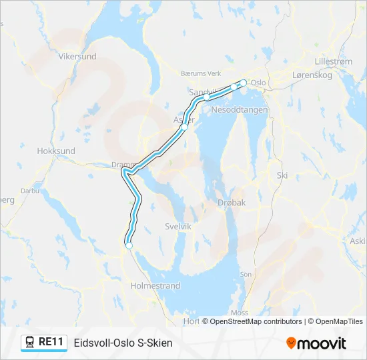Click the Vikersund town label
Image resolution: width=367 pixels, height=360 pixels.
(x=77, y=57)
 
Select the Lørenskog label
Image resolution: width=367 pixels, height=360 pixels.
(x=312, y=75)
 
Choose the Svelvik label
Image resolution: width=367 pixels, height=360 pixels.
(x=178, y=227)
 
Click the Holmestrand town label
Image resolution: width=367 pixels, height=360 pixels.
(x=155, y=285)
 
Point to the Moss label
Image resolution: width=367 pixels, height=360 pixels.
(x=239, y=312)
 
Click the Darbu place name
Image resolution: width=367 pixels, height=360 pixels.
(x=30, y=190)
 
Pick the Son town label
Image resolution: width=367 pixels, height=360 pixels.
(x=246, y=274)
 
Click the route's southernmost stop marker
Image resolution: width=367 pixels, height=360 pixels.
(x=129, y=246)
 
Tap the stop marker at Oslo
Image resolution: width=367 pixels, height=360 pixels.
(x=244, y=83)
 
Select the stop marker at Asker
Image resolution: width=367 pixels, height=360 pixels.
(x=184, y=125)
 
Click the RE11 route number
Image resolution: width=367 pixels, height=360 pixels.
(x=51, y=342)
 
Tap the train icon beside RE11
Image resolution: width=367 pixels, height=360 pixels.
(x=30, y=342)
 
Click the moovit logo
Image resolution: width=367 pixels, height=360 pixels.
(x=316, y=343)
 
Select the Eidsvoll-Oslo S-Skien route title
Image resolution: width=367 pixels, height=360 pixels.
(x=123, y=343)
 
